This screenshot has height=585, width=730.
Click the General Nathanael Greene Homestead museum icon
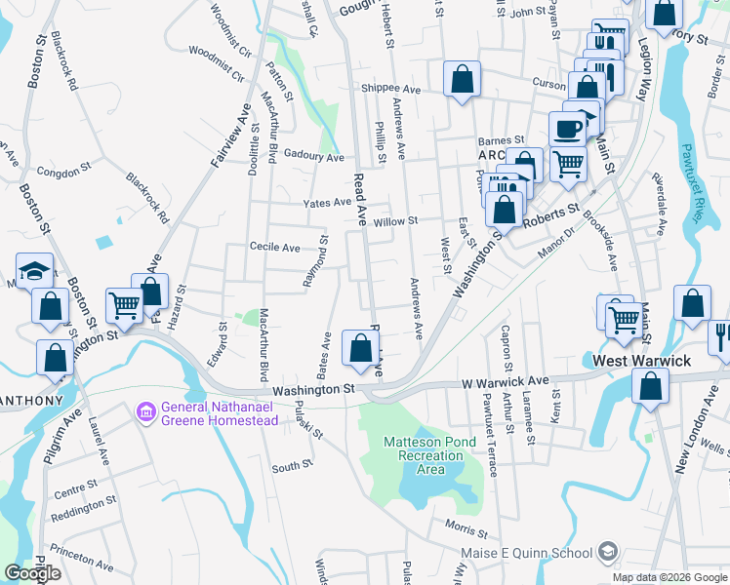(x=147, y=412)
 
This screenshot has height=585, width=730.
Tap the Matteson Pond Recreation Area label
(x=429, y=455)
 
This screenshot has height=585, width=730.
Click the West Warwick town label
(x=642, y=361)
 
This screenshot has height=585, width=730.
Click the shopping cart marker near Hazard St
(x=124, y=306)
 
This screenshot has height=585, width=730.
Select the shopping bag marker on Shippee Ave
(x=461, y=79)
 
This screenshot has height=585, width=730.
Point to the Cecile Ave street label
(x=275, y=248)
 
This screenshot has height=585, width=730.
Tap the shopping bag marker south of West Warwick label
(x=650, y=386)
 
